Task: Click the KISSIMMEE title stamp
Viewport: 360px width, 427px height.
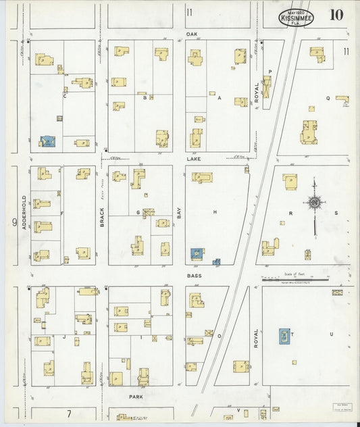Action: tap(294, 16)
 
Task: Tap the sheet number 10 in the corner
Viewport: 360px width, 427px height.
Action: tap(336, 15)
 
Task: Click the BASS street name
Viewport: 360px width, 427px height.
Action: tap(195, 276)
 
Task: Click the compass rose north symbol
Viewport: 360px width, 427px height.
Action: tap(314, 201)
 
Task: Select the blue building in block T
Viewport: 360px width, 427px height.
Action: tap(284, 336)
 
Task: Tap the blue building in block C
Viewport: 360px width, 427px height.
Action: tap(47, 141)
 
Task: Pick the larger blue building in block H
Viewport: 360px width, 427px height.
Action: tap(197, 253)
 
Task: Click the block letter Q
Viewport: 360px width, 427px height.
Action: tap(328, 97)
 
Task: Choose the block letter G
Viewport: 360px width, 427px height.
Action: tap(138, 212)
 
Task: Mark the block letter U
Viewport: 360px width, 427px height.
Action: tap(331, 334)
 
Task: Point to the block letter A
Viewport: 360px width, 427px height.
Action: tap(219, 97)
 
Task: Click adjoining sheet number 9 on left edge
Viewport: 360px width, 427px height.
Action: tap(13, 220)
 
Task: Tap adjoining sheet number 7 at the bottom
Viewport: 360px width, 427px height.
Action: tap(69, 413)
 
